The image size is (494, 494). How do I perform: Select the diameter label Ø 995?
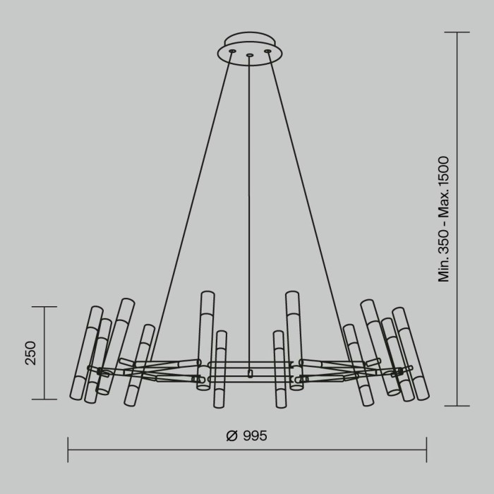pyautogui.click(x=247, y=436)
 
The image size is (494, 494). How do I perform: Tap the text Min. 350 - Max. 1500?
pyautogui.click(x=444, y=219)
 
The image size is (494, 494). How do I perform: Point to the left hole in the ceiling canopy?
pyautogui.click(x=231, y=51)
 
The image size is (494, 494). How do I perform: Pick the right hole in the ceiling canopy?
pyautogui.click(x=267, y=51)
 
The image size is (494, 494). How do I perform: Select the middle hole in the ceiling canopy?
pyautogui.click(x=249, y=55)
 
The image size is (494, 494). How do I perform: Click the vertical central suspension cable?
pyautogui.click(x=249, y=212)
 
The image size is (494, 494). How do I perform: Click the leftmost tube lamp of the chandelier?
pyautogui.click(x=85, y=353)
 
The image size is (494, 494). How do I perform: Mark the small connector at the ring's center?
pyautogui.click(x=249, y=373)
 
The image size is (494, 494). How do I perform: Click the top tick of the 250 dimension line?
pyautogui.click(x=44, y=307)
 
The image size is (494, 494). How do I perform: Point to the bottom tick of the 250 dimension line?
pyautogui.click(x=44, y=399)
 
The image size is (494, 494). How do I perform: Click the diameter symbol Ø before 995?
pyautogui.click(x=231, y=436)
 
